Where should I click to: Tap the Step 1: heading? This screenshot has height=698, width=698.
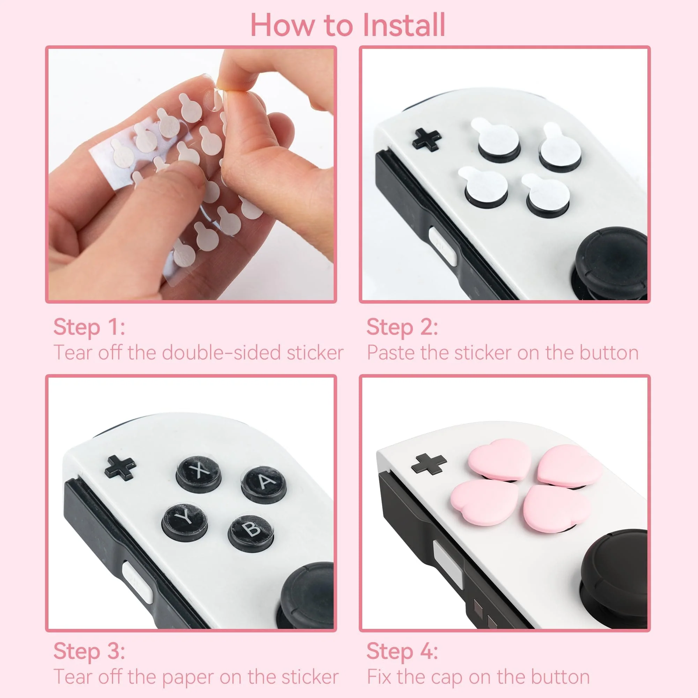point(89,327)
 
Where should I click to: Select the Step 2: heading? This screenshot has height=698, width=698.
point(402,327)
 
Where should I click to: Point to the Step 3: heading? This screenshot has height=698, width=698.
point(89,651)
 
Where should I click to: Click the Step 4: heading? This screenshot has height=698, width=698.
point(402,651)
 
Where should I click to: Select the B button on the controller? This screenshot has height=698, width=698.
point(250,530)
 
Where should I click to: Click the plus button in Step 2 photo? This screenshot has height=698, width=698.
point(427,140)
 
